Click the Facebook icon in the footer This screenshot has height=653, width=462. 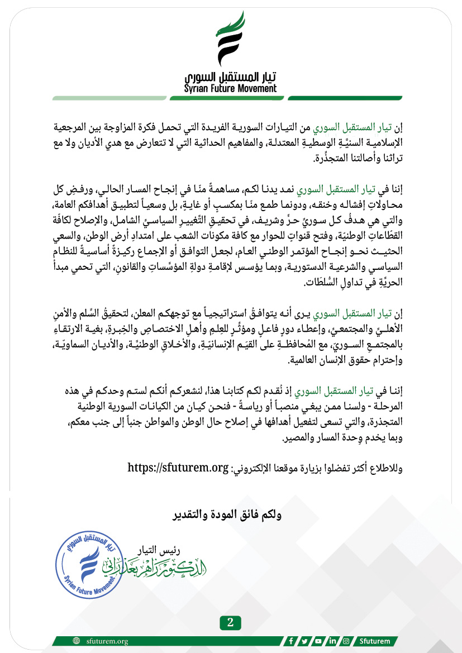point(292,641)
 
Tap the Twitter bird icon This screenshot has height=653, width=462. point(305,641)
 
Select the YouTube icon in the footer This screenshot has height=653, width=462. point(318,641)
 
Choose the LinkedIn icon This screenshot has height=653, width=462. point(332,641)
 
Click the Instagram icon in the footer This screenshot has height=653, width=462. point(346,641)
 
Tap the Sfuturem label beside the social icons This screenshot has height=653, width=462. point(375,641)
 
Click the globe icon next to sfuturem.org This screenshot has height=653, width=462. point(76,641)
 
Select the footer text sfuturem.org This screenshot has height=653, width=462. point(107,641)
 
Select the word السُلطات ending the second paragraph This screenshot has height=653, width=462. point(325,283)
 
